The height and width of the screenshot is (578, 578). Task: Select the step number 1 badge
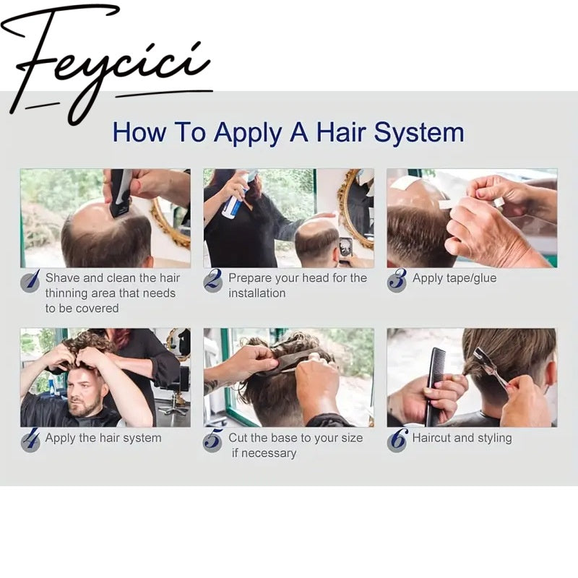coord(30,280)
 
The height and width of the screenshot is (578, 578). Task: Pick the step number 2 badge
coord(213,280)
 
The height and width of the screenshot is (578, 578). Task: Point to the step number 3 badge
coord(397,280)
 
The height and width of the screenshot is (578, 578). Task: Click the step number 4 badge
coord(30,440)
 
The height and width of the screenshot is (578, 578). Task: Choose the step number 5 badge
coord(213,440)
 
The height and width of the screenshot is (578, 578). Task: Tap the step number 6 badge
coord(397,440)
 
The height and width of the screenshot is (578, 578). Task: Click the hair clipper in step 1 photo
coord(121,191)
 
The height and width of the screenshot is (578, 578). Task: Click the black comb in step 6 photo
coord(436,387)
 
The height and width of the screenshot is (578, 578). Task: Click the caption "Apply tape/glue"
coord(454,278)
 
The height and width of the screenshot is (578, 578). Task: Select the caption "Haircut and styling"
coord(462,438)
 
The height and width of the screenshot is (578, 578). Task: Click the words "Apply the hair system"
coord(103,438)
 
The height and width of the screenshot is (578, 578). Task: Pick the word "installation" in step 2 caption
coord(257,293)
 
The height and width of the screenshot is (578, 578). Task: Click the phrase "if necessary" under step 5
coord(264,453)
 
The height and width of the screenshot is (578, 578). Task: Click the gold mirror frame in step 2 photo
coord(351,210)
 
